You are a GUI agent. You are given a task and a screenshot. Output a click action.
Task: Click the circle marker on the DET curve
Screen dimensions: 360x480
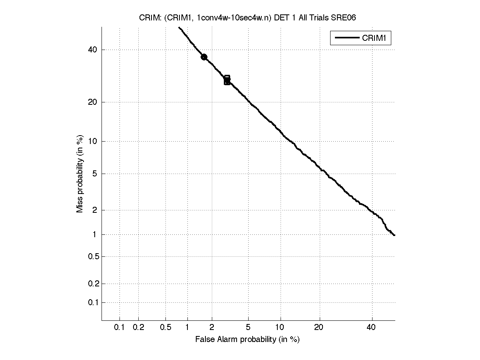point(204,57)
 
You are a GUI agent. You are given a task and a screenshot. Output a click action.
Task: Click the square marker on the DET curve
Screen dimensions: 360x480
point(227,80)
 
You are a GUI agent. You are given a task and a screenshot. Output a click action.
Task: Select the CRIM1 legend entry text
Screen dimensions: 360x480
point(376,38)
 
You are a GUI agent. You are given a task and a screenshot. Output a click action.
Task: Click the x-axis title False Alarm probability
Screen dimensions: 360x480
point(247,339)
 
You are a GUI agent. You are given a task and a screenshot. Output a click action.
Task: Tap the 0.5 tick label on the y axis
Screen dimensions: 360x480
point(93,256)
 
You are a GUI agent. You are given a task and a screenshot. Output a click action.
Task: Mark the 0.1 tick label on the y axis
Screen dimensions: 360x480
point(93,302)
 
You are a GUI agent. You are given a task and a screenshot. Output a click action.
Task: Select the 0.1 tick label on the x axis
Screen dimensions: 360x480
point(120,328)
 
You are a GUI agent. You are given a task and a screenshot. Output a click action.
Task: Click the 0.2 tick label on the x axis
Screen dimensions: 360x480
point(138,328)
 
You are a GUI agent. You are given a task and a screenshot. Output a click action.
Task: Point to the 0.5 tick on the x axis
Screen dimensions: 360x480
point(166,328)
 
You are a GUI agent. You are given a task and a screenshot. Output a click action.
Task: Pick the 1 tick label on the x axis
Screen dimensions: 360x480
point(187,328)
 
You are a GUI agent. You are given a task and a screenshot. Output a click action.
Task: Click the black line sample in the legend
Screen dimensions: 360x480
point(347,38)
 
